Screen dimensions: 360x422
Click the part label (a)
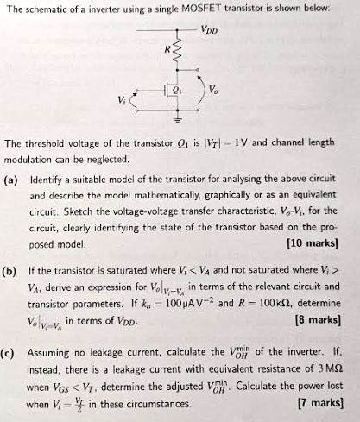[x=12, y=181]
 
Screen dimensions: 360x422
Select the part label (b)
[x=12, y=270]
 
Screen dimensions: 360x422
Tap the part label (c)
[x=12, y=353]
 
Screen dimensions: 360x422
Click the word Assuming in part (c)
[x=53, y=353]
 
